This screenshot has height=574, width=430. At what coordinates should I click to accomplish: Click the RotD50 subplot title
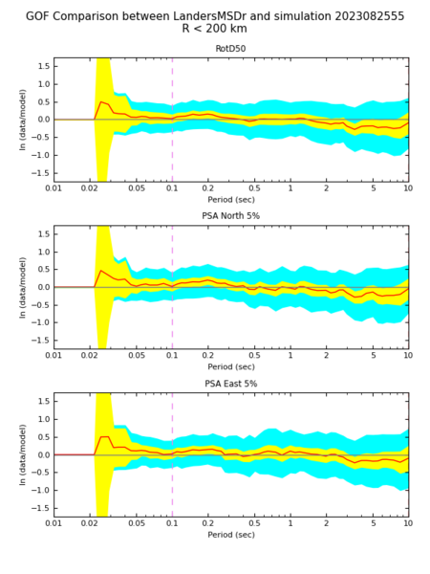pyautogui.click(x=230, y=49)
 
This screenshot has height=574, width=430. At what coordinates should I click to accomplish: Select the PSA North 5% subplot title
pyautogui.click(x=230, y=216)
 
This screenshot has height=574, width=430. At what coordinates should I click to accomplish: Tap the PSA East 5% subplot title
pyautogui.click(x=230, y=384)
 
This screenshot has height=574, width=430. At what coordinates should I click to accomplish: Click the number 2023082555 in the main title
pyautogui.click(x=368, y=16)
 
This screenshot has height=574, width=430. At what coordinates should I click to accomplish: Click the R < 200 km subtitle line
pyautogui.click(x=215, y=28)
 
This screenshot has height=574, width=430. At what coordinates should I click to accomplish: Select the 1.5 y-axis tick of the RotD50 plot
pyautogui.click(x=44, y=66)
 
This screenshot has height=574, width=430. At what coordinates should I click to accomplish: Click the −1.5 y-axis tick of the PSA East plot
pyautogui.click(x=40, y=508)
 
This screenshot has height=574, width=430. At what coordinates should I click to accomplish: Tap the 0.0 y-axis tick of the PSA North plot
pyautogui.click(x=44, y=287)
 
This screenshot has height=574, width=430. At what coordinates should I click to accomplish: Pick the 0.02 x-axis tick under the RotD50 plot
pyautogui.click(x=89, y=188)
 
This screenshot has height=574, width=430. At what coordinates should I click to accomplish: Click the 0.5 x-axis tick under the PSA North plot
pyautogui.click(x=254, y=356)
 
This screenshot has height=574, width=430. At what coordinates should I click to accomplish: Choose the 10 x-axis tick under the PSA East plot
pyautogui.click(x=408, y=523)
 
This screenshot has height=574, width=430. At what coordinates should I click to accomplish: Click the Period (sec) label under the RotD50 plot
pyautogui.click(x=231, y=200)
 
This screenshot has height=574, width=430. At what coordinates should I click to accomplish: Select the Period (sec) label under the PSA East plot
pyautogui.click(x=231, y=535)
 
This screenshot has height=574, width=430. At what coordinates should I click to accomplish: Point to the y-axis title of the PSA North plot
pyautogui.click(x=23, y=287)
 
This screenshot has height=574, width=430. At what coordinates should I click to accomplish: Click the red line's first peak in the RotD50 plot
pyautogui.click(x=101, y=101)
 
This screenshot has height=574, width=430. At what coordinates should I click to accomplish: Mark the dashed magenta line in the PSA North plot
pyautogui.click(x=172, y=287)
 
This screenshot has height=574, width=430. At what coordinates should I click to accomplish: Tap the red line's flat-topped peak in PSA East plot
pyautogui.click(x=104, y=437)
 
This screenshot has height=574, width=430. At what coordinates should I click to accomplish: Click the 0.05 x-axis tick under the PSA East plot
pyautogui.click(x=137, y=523)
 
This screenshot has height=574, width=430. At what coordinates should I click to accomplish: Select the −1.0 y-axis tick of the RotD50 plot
pyautogui.click(x=40, y=155)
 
